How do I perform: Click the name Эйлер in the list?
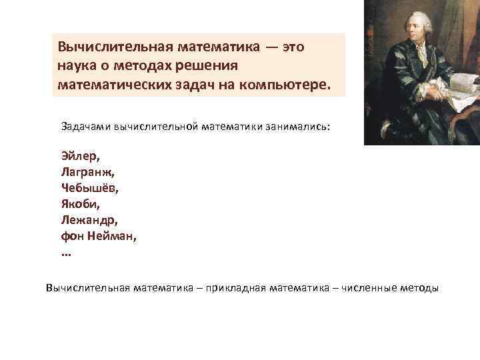click(79, 155)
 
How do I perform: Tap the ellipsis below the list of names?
click(65, 253)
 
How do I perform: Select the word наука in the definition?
click(77, 67)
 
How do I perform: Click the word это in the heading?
click(294, 48)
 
